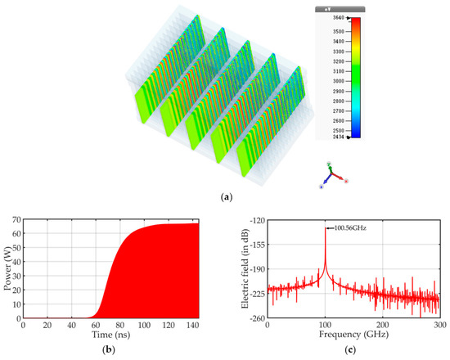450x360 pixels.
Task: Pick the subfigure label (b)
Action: [110, 350]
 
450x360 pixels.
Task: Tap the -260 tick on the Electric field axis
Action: [258, 318]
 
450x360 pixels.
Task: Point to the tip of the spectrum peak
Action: [326, 228]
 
